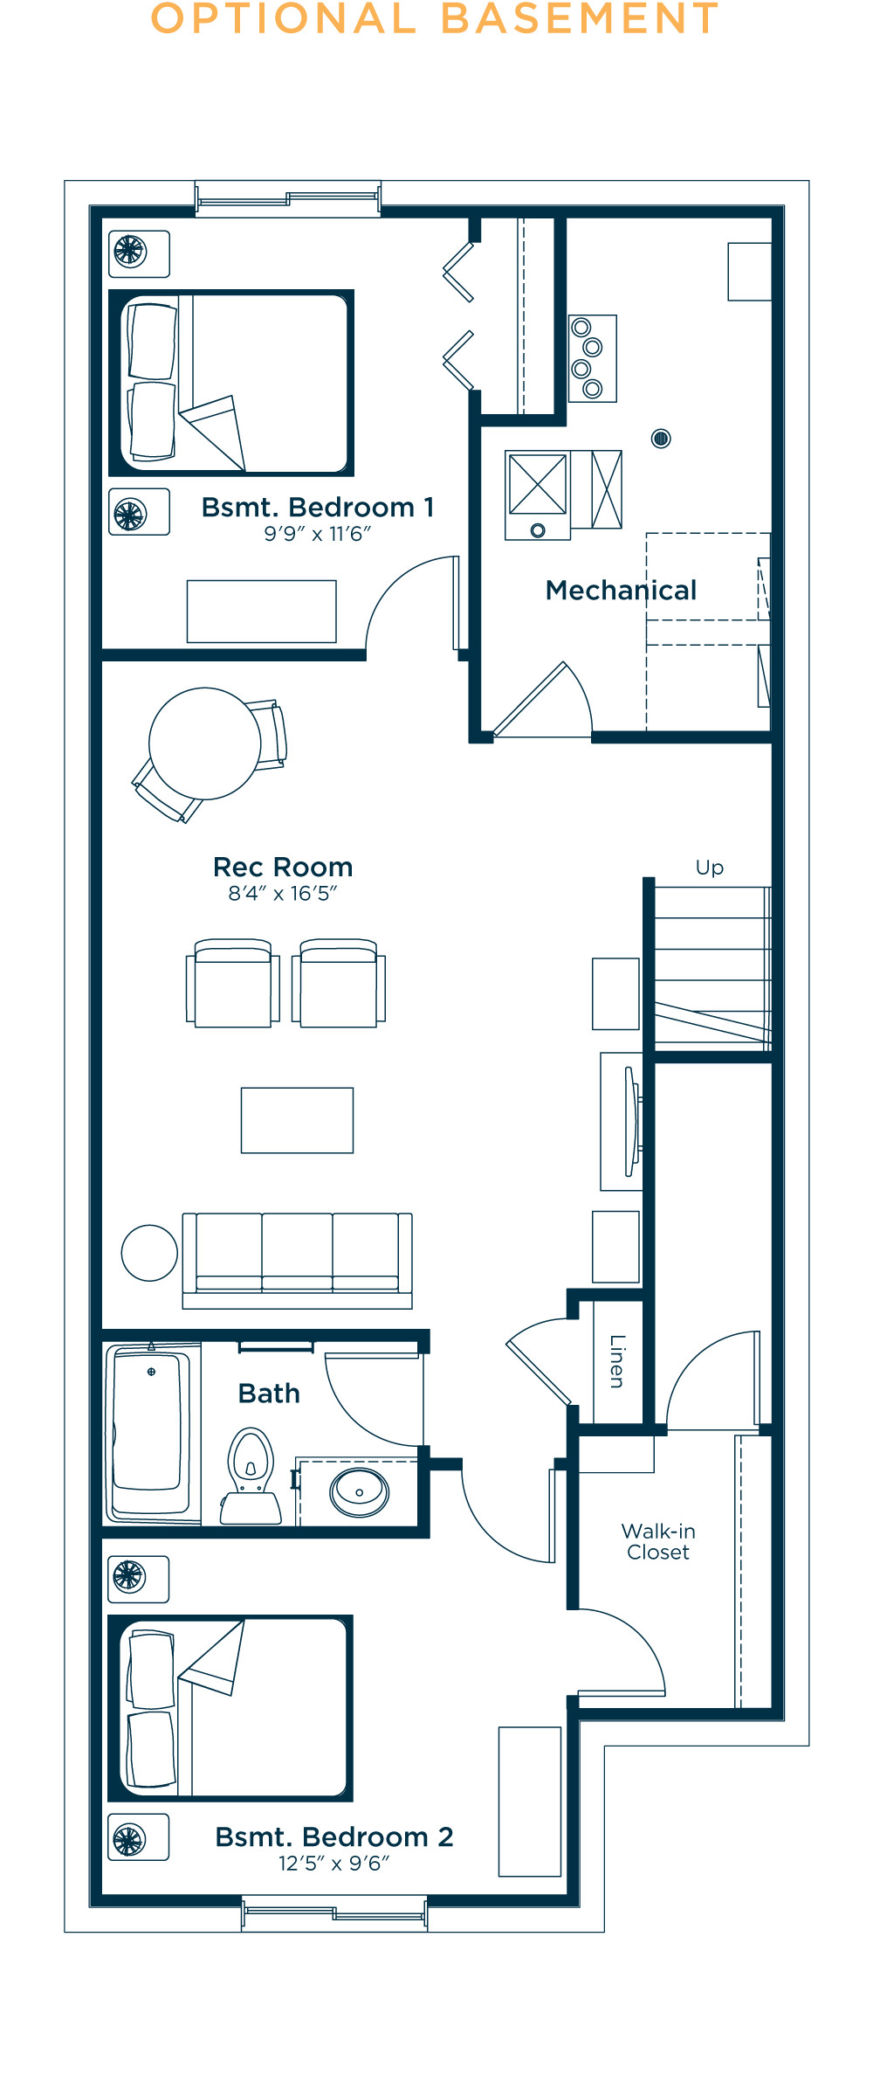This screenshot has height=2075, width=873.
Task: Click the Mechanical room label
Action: point(621,591)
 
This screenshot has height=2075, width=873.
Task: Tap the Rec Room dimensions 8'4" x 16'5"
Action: point(283,893)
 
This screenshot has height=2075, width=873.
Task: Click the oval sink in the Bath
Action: point(359,1492)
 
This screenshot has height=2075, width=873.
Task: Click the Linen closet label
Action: point(617,1361)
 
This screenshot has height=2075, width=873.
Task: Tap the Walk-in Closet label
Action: point(658,1541)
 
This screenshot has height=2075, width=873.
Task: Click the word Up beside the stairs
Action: point(710,868)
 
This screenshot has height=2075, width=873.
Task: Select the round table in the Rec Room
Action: point(205,744)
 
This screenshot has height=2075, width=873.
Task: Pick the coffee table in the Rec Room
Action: point(298,1120)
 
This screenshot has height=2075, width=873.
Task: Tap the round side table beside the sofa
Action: point(149,1253)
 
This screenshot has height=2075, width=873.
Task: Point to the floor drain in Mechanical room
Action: point(661,439)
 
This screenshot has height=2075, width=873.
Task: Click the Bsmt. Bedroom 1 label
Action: point(318,508)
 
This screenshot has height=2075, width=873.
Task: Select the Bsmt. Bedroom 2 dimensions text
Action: point(333,1864)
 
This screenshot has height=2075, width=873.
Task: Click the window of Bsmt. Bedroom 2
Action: point(334,1913)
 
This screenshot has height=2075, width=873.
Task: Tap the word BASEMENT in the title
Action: point(580,18)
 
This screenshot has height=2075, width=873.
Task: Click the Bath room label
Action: point(269,1394)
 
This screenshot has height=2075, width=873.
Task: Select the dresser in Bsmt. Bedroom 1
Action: point(262,612)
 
